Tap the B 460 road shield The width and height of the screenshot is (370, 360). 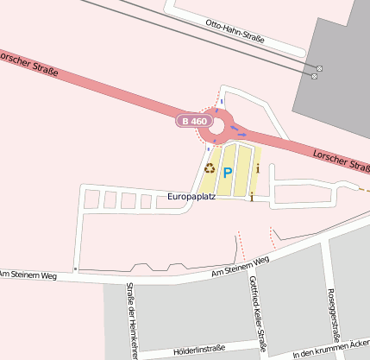[x=193, y=122]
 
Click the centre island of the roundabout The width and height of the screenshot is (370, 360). [x=216, y=127]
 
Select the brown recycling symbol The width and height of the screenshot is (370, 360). [x=210, y=168]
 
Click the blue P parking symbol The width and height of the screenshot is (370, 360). [x=228, y=173]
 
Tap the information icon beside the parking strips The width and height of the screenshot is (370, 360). [x=257, y=168]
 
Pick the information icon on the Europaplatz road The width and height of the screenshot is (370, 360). [x=251, y=198]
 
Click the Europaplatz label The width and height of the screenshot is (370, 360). [x=191, y=197]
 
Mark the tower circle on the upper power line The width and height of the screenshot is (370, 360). [x=319, y=68]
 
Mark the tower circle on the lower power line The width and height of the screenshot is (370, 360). [x=314, y=76]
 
